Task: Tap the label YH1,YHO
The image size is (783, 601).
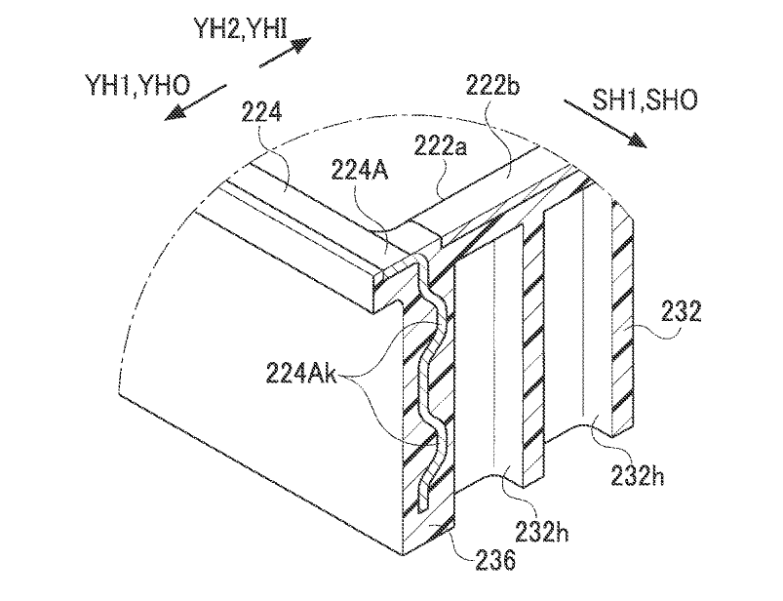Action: (137, 85)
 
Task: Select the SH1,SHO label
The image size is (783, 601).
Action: (645, 100)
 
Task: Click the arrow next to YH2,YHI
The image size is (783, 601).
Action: (285, 53)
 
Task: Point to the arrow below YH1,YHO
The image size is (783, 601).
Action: (196, 101)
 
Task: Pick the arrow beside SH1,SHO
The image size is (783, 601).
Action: (606, 123)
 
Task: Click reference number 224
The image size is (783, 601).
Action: (261, 112)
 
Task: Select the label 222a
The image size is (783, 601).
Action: (440, 147)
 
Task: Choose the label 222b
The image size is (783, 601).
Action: (492, 86)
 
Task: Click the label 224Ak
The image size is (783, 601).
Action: (301, 374)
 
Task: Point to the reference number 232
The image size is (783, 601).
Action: (682, 313)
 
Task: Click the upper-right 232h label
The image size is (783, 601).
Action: (637, 475)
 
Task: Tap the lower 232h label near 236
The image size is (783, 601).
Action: (542, 533)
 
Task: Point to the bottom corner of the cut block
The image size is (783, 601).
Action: (403, 554)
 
